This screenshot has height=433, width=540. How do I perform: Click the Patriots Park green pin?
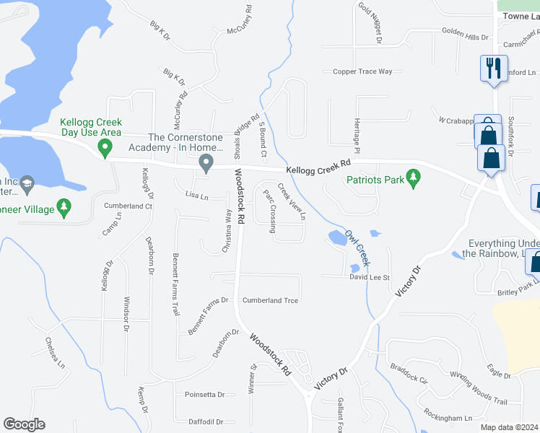413,178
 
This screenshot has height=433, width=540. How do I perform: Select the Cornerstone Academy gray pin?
206,165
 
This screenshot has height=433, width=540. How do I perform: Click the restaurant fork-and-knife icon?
494,69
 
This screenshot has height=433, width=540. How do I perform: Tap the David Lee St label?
370,277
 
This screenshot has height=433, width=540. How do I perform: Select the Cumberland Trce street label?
270,300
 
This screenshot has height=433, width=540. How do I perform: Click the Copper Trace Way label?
362,71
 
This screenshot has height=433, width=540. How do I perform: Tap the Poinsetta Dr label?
205,395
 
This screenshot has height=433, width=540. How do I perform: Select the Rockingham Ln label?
448,417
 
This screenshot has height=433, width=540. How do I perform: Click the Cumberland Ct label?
129,206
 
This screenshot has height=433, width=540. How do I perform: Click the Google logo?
24,424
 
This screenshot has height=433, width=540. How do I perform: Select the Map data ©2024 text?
509,427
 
